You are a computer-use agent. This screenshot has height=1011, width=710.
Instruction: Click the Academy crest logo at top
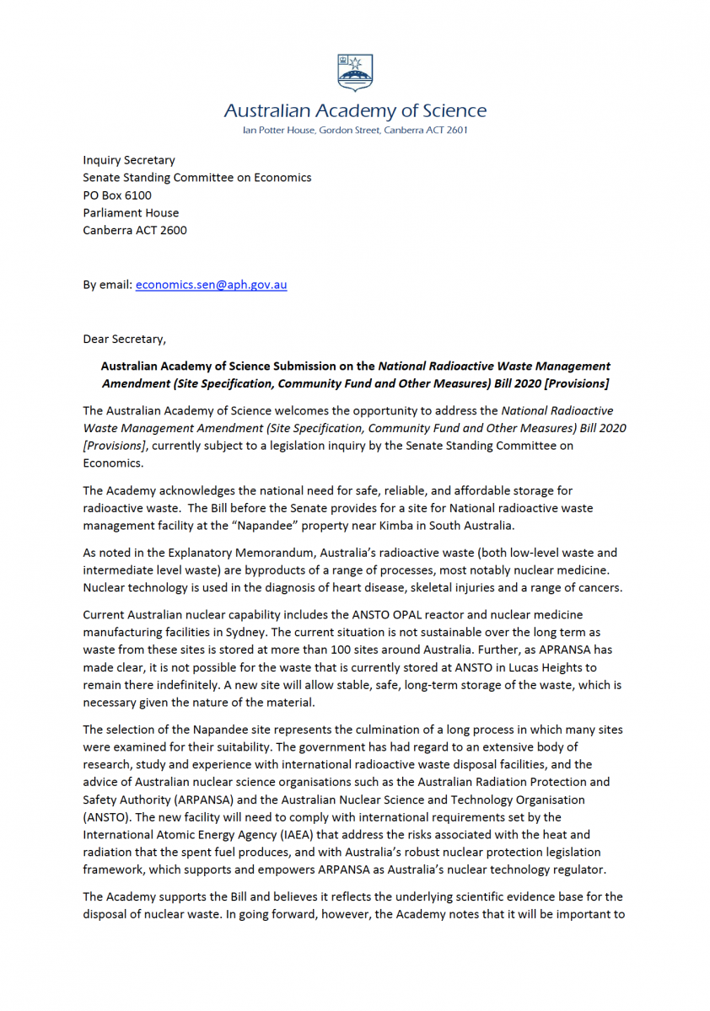[355, 72]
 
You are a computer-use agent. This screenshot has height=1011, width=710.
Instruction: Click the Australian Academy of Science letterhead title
[355, 111]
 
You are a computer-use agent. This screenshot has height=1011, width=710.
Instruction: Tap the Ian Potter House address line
[355, 131]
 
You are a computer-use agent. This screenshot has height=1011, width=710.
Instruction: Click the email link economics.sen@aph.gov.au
[211, 285]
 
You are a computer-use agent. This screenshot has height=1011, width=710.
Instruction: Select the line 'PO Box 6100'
[117, 195]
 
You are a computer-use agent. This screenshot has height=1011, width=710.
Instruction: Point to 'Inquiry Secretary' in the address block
[129, 160]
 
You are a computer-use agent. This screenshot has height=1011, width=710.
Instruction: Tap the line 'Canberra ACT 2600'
[135, 230]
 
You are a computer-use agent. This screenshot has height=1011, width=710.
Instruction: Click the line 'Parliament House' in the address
[131, 212]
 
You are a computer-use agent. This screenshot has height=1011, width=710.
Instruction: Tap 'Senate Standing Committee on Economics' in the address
[197, 178]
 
